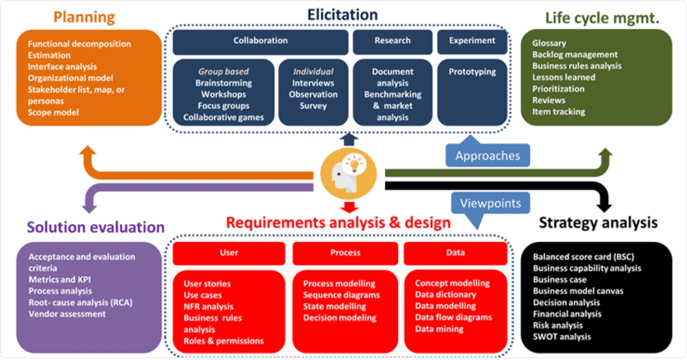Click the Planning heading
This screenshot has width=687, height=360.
coord(84,17)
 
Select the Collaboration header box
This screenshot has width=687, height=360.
coord(260,42)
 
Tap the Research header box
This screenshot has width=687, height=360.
coord(392,42)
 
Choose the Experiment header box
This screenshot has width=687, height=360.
coord(472,42)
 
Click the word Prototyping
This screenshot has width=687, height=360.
coord(472,72)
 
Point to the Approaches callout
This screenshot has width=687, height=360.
coord(488,153)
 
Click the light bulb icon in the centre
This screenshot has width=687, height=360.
coord(354,164)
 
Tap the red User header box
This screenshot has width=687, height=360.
coord(229,253)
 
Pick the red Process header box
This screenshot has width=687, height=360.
coord(345,253)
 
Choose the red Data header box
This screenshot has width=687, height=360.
coord(456,253)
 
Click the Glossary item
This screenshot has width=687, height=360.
coord(549,43)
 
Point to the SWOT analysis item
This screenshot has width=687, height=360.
coord(562,336)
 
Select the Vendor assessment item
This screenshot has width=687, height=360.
coord(67,314)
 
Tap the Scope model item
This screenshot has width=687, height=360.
coord(53,112)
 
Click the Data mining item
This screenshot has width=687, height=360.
coord(439,329)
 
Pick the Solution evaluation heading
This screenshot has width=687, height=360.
coord(96,227)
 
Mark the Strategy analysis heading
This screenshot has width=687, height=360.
coord(598,223)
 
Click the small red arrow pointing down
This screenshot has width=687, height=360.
coord(349,207)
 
